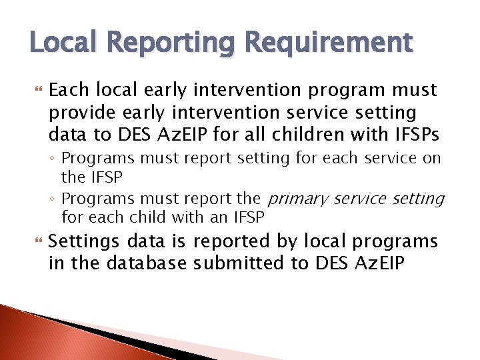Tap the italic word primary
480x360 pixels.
297,199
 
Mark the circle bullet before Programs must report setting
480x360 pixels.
54,159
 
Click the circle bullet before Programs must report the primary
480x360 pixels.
54,199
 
